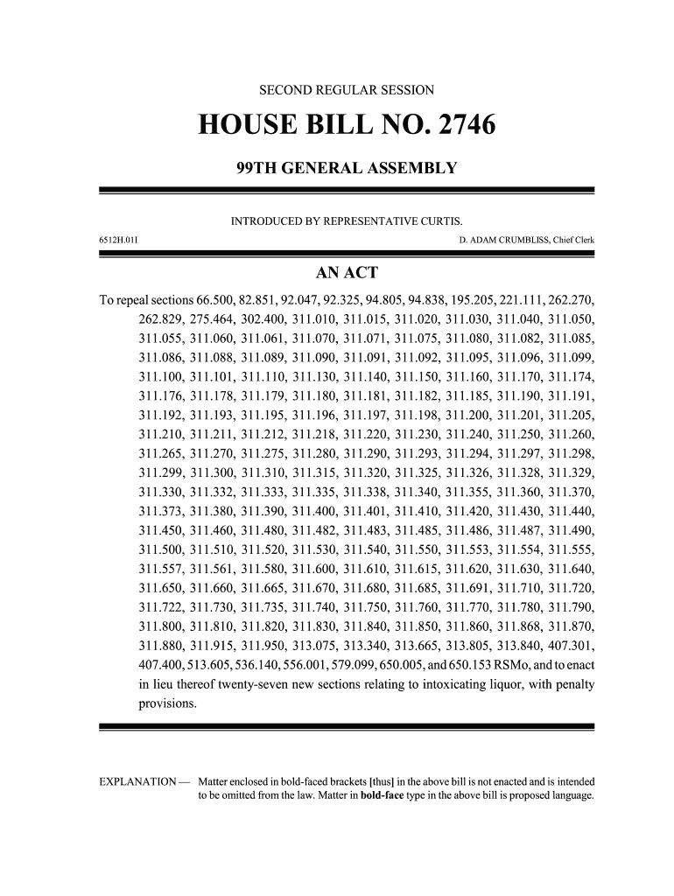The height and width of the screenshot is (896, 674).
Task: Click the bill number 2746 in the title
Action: (x=463, y=128)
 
